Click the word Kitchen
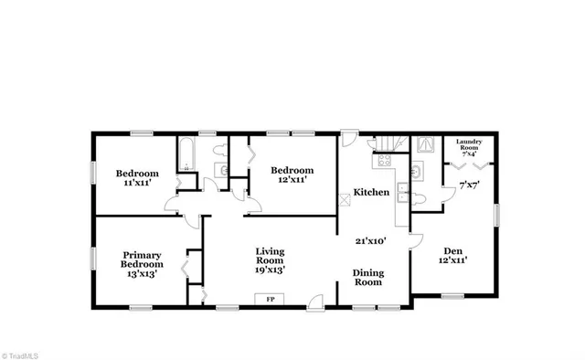click(373, 193)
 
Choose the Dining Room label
click(368, 278)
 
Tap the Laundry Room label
click(475, 146)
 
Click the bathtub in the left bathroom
click(187, 154)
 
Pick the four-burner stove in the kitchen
click(381, 162)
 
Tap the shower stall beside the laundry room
click(425, 144)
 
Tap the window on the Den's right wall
click(498, 214)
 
